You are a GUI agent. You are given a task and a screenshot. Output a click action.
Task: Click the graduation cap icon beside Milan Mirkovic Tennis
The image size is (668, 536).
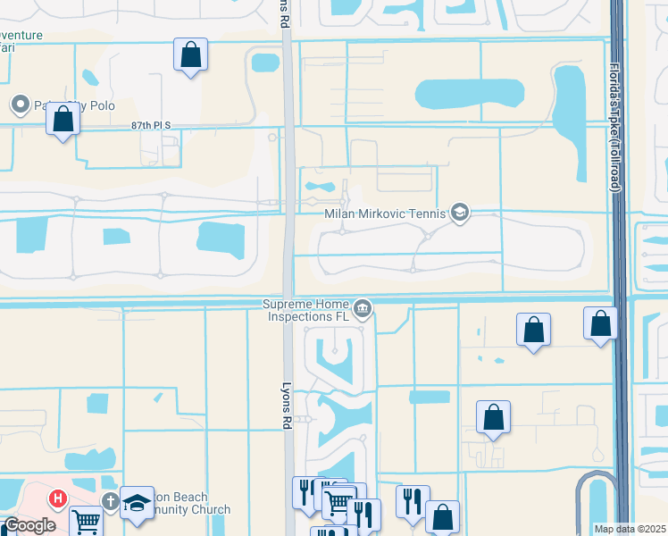click(460, 212)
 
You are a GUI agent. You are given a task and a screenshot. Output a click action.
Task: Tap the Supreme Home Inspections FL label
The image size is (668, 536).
click(305, 310)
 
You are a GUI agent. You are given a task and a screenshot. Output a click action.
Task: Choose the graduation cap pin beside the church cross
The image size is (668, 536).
click(138, 501)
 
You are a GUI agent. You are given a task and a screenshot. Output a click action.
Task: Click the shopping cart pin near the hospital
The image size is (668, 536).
click(86, 521)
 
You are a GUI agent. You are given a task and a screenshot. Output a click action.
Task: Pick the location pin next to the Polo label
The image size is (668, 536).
click(20, 105)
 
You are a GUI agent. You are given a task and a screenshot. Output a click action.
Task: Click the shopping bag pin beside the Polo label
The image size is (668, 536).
click(63, 119)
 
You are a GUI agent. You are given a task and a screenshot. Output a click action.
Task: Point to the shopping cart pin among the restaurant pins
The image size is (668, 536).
click(338, 503)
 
